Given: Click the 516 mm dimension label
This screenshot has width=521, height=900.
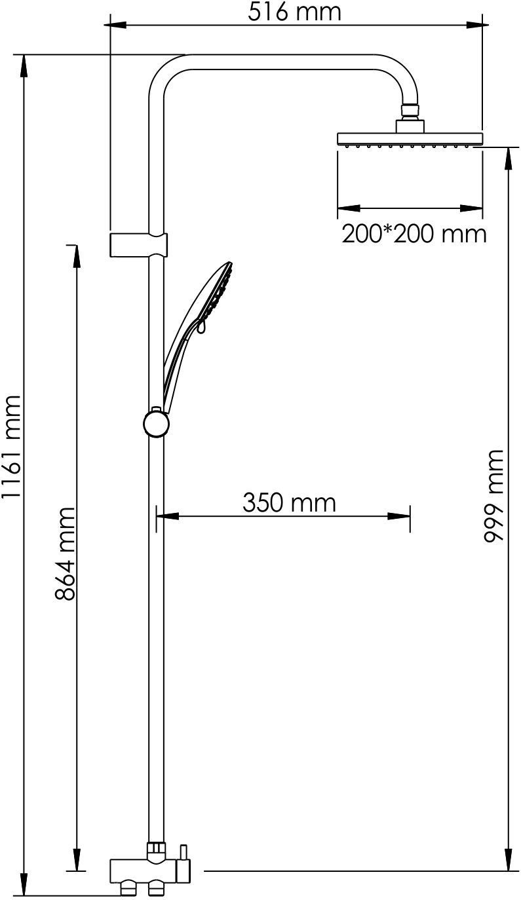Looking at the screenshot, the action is pos(294,12).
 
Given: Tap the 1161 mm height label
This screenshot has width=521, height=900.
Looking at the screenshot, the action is pos(11,447).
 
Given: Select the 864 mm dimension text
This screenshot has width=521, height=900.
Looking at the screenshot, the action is pos(65,554).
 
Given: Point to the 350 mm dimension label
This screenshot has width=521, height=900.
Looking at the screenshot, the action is pos(289,502).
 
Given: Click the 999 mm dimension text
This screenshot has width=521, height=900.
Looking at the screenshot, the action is pos(493,497).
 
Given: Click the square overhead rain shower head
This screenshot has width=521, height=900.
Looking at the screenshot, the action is pos(410,139).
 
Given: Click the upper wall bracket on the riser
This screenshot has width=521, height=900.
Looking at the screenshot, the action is pos(138,244).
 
